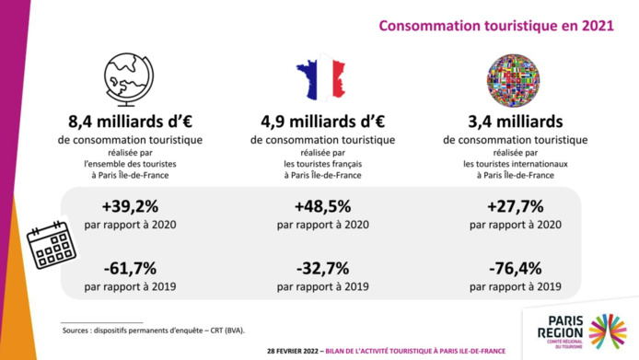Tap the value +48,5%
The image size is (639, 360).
(319, 207)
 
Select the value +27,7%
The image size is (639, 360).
(514, 207)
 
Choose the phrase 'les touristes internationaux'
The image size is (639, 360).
(514, 164)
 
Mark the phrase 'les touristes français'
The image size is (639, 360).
(319, 164)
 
